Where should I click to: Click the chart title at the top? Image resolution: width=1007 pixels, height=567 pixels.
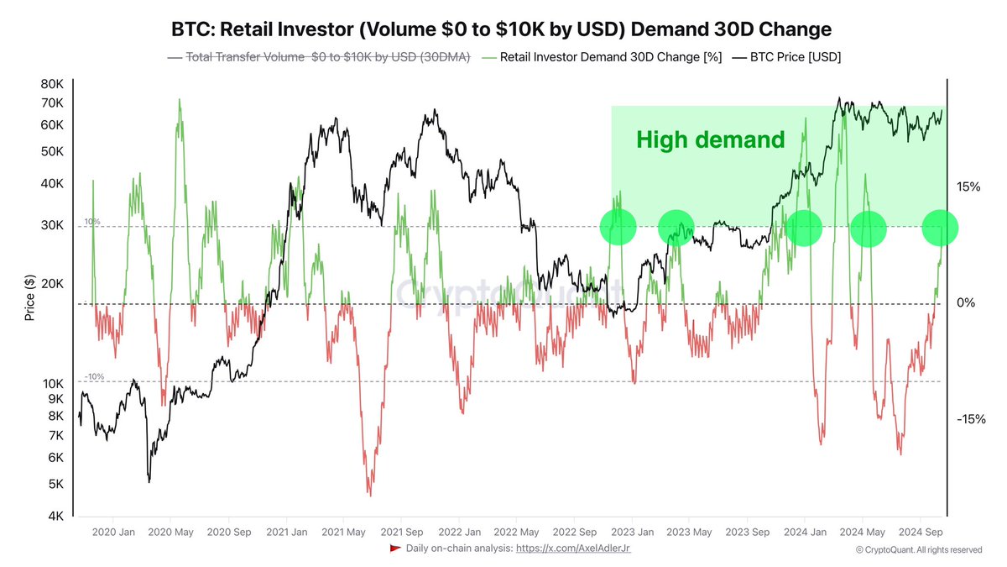coord(503,29)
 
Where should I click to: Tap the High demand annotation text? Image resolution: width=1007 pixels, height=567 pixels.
coord(710,139)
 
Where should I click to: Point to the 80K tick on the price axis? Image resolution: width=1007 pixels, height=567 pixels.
coord(51,84)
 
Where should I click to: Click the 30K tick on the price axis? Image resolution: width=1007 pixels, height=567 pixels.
coord(51,225)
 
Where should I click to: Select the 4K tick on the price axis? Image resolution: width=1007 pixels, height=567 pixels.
coord(55,516)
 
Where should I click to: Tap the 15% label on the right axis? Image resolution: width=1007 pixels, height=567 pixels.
coord(968,186)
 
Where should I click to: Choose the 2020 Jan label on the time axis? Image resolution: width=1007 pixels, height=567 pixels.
coord(113,532)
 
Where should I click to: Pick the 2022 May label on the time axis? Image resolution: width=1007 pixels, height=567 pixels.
coord(516,532)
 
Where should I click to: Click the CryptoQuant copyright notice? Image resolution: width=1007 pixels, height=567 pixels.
coord(918,549)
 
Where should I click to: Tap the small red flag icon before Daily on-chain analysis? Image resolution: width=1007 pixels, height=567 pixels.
coord(394,549)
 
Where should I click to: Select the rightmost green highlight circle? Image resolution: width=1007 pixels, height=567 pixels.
coord(940,228)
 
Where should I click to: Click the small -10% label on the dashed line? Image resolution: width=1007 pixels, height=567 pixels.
coord(93,377)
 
